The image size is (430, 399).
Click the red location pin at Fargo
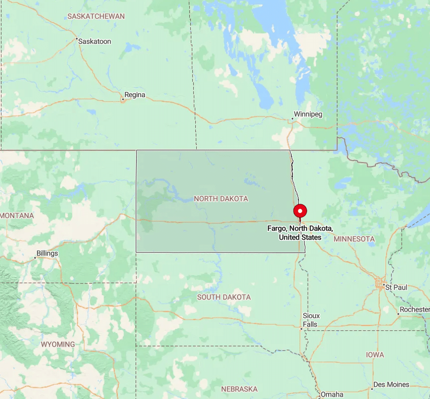point(300,211)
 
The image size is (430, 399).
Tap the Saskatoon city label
point(95,41)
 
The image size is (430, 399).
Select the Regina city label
point(135,95)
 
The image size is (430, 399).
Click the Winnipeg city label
point(308,114)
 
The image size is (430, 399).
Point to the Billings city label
point(47,254)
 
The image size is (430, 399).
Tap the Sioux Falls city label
point(311,320)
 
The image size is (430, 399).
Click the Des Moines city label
point(391,385)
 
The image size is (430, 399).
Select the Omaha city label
point(332,395)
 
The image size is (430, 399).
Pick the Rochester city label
point(415,309)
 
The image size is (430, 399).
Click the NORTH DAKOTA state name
point(221,199)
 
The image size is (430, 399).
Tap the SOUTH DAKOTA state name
point(224,297)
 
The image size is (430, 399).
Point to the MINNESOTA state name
point(354,239)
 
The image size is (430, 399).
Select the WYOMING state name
point(58,344)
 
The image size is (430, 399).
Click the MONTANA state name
point(17,216)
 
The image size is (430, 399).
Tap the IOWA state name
point(375,355)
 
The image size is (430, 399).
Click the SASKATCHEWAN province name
point(96,16)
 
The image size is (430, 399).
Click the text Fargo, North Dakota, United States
point(300,233)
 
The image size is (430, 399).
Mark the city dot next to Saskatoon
point(77,38)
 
